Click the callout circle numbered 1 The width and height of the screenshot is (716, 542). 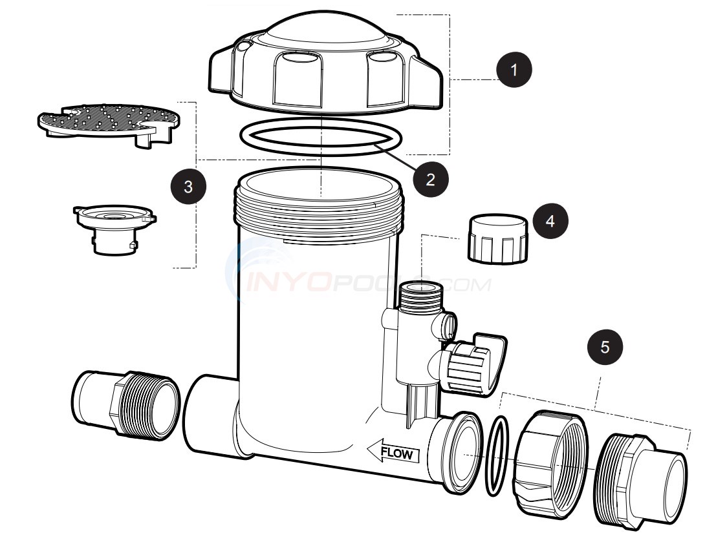(x=515, y=70)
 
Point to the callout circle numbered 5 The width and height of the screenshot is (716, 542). (x=605, y=347)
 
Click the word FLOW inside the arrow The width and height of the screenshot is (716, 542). (x=396, y=453)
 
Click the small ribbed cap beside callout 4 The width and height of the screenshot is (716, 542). (x=496, y=240)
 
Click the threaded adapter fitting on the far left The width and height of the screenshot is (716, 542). (x=124, y=405)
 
